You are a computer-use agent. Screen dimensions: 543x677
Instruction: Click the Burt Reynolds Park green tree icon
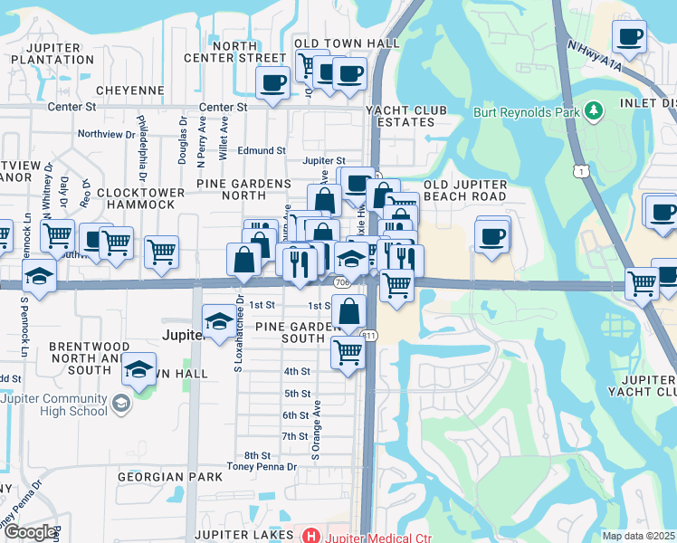tap(594, 110)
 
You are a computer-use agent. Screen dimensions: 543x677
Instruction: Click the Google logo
tap(29, 532)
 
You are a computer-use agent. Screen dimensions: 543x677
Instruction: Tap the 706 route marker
tap(341, 283)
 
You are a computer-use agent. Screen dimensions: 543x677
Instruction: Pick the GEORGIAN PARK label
tap(169, 476)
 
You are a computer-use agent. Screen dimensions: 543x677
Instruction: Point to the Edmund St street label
tap(262, 151)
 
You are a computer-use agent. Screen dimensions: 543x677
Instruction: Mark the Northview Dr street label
tap(106, 133)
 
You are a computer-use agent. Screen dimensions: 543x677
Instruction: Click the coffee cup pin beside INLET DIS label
tap(628, 38)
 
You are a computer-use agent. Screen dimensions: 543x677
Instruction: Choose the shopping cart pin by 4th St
tap(347, 352)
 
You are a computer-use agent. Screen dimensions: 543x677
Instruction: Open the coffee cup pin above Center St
tap(272, 83)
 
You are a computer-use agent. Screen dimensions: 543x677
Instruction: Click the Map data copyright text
tap(638, 536)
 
